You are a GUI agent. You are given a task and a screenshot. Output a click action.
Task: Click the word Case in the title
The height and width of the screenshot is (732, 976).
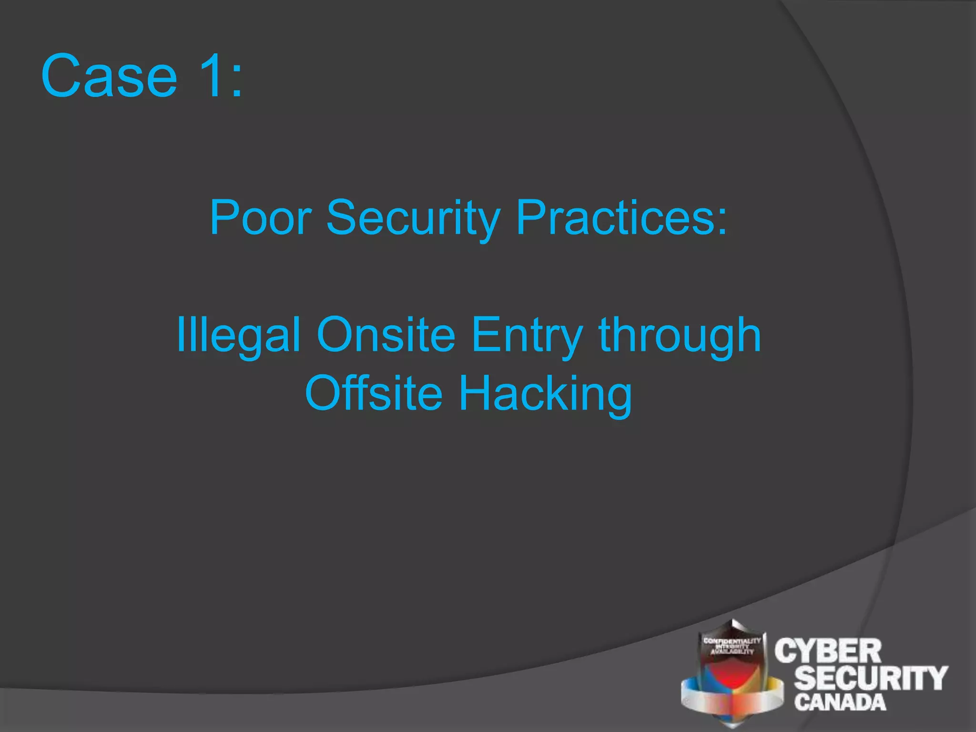pyautogui.click(x=109, y=76)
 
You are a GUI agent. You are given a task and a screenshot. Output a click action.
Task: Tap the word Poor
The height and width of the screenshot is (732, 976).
pyautogui.click(x=260, y=217)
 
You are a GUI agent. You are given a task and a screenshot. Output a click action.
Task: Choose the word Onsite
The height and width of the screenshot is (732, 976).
pyautogui.click(x=386, y=335)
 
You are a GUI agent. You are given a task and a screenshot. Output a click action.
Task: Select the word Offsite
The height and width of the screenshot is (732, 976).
pyautogui.click(x=374, y=393)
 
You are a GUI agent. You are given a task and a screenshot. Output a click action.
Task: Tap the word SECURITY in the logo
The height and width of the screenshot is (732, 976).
pyautogui.click(x=870, y=678)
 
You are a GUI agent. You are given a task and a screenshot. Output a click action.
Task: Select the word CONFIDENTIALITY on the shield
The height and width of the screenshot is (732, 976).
pyautogui.click(x=732, y=640)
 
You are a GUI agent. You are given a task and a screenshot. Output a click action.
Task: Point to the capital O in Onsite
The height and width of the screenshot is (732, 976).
pyautogui.click(x=335, y=335)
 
